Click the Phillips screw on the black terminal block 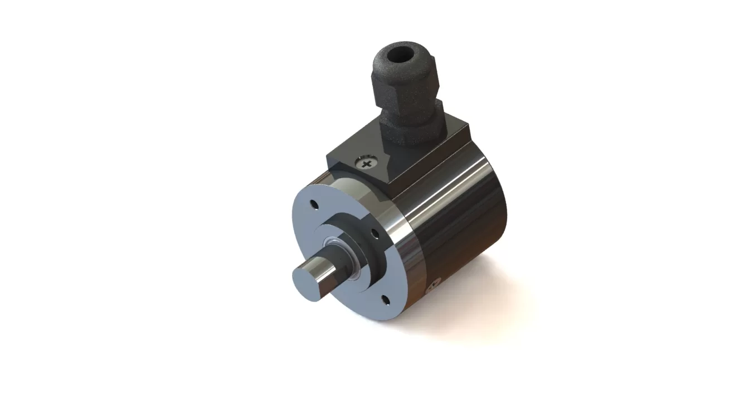click(x=366, y=164)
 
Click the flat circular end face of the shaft click(x=307, y=277)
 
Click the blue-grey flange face click(x=312, y=239)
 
